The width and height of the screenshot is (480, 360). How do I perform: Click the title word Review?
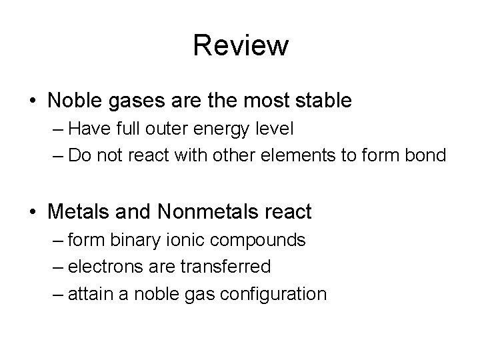coord(241,45)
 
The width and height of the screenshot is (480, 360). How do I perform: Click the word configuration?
coord(273,293)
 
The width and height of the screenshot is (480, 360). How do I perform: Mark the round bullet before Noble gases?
coord(33,101)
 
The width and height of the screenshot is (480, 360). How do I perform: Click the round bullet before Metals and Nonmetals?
coord(33,213)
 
